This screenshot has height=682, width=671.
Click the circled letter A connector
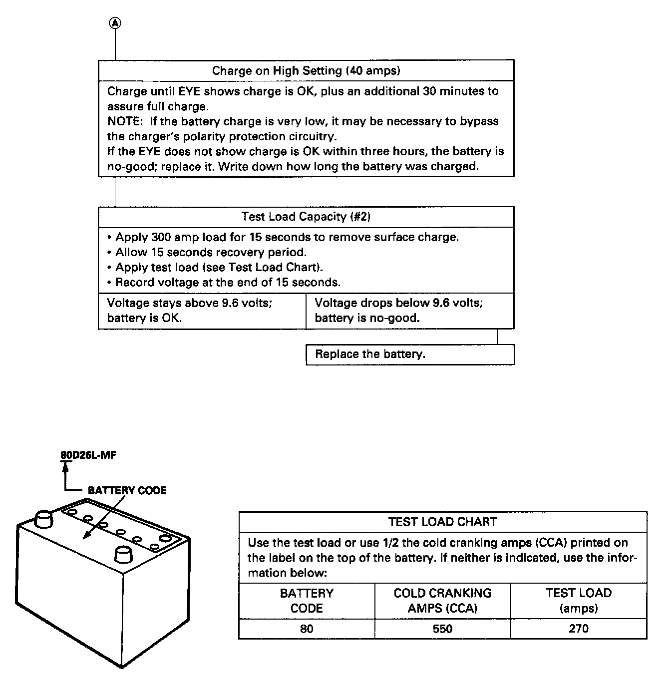pyautogui.click(x=115, y=22)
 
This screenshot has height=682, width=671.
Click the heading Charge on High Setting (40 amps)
pyautogui.click(x=306, y=70)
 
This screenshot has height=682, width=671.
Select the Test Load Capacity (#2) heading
pyautogui.click(x=306, y=217)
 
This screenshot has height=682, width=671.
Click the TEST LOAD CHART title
pyautogui.click(x=442, y=522)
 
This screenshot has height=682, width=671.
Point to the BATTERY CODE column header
pyautogui.click(x=307, y=601)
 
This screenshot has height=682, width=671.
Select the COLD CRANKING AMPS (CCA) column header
pyautogui.click(x=442, y=601)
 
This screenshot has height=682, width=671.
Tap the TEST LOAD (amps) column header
pyautogui.click(x=579, y=601)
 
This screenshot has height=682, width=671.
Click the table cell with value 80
pyautogui.click(x=307, y=629)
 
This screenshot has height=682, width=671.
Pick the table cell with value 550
pyautogui.click(x=442, y=629)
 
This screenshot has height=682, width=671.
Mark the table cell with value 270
pyautogui.click(x=579, y=629)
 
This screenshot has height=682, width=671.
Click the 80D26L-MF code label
pyautogui.click(x=88, y=455)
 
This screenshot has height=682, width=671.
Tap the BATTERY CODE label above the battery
pyautogui.click(x=127, y=490)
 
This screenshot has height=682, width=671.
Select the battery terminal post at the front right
pyautogui.click(x=123, y=554)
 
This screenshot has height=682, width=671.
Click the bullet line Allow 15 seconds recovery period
pyautogui.click(x=211, y=252)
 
